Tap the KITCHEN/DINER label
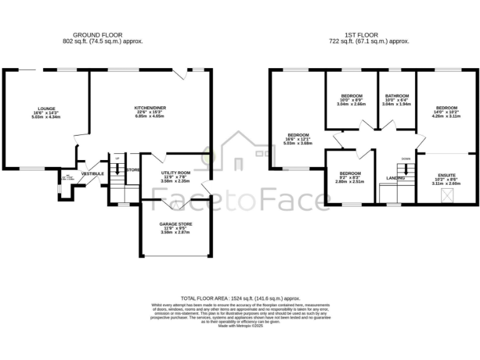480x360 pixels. (x=149, y=108)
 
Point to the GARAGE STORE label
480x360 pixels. (x=175, y=224)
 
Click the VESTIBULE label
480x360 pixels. (x=92, y=173)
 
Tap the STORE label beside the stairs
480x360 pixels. (x=132, y=170)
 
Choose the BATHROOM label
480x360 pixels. (x=397, y=96)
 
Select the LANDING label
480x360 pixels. (x=396, y=178)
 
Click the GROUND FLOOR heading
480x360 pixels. (x=97, y=34)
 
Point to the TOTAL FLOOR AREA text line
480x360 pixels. (x=241, y=299)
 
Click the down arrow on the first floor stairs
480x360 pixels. (x=406, y=169)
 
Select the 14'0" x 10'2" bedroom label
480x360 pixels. (x=446, y=108)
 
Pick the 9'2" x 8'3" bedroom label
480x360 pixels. (x=350, y=173)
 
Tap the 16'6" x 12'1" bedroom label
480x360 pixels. (x=297, y=135)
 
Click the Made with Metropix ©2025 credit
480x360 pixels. (x=241, y=326)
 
